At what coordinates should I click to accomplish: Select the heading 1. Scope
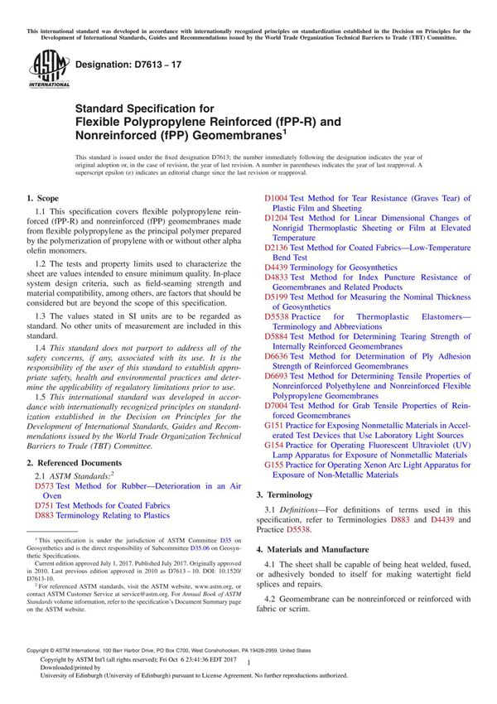coord(42,199)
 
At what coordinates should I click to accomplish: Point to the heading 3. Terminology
coord(292,494)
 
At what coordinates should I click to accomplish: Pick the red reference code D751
coord(46,504)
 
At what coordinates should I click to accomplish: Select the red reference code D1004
coord(277,199)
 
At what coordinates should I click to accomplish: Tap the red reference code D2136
coord(277,248)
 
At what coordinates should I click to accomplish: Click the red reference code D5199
coord(277,297)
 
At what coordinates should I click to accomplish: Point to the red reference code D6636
coord(277,356)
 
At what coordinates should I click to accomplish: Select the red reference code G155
coord(274,465)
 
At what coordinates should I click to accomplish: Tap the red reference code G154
coord(274,446)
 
